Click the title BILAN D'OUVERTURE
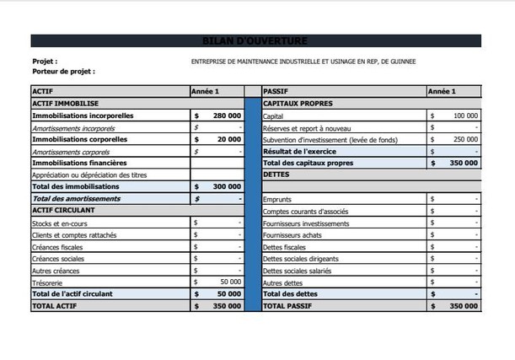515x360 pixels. point(255,40)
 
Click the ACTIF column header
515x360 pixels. point(41,91)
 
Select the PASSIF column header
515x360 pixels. point(276,91)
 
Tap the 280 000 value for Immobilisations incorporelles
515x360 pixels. point(227,116)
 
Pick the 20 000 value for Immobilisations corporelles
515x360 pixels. point(228,139)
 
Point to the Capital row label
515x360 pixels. point(273,116)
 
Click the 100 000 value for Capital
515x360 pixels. point(465,116)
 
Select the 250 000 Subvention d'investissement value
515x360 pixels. point(465,139)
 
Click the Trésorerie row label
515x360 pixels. point(48,282)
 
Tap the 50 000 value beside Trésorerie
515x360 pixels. point(230,282)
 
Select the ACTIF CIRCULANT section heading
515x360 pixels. point(63,210)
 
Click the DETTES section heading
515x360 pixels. point(276,175)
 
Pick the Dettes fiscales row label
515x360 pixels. point(284,247)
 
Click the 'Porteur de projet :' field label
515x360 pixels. point(63,72)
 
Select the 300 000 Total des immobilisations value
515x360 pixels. point(227,186)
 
